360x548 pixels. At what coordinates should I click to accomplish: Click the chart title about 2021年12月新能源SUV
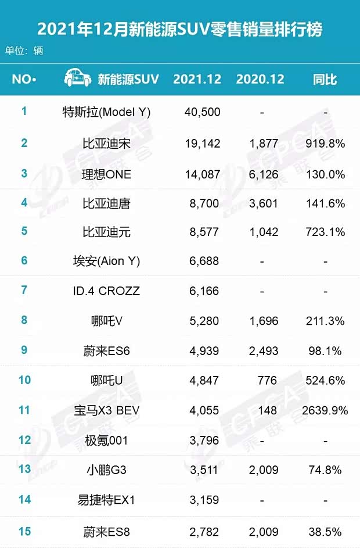[179, 28]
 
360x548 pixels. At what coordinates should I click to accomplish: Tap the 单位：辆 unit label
[24, 51]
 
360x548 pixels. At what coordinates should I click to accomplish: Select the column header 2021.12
[197, 80]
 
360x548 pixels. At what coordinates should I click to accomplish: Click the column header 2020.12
[260, 80]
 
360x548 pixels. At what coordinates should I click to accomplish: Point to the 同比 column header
[325, 80]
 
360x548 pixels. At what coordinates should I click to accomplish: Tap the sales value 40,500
[201, 112]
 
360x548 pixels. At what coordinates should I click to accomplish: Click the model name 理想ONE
[106, 174]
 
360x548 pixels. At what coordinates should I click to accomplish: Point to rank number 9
[24, 350]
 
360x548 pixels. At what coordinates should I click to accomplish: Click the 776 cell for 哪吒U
[268, 381]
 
